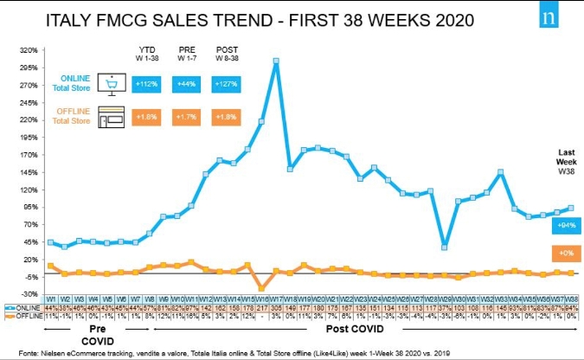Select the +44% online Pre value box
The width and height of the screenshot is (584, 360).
point(184,84)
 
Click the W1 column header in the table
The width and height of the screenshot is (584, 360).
point(52,299)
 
